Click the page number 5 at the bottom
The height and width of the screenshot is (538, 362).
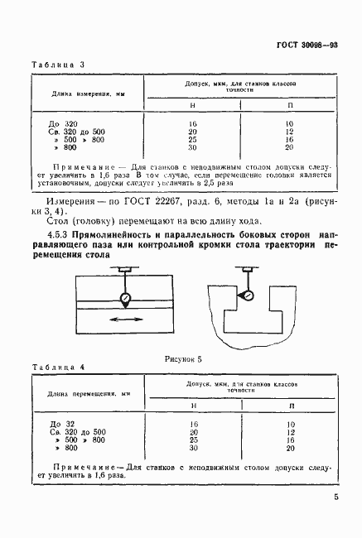click(x=335, y=497)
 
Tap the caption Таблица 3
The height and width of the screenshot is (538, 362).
click(x=54, y=64)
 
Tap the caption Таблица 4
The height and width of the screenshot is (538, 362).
click(x=54, y=366)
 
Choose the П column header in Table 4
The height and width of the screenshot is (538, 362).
click(x=290, y=406)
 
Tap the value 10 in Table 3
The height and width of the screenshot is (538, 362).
click(x=290, y=122)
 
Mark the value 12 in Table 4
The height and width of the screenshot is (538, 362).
click(x=290, y=431)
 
